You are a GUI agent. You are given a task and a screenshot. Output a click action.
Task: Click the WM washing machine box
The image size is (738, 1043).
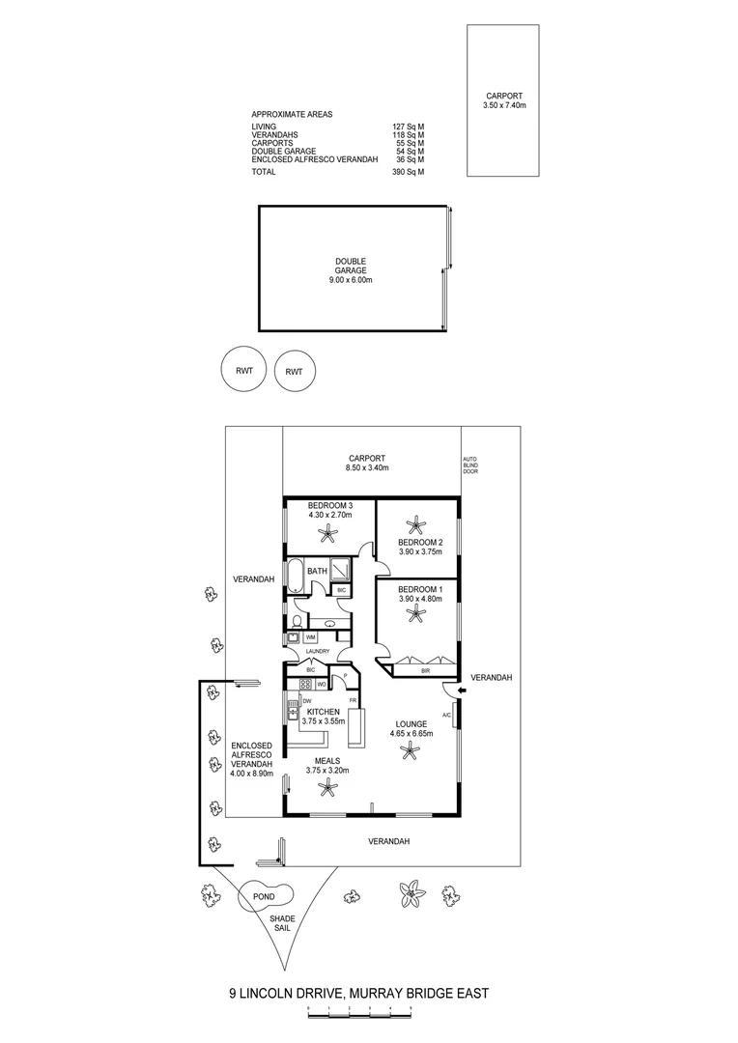coord(311,637)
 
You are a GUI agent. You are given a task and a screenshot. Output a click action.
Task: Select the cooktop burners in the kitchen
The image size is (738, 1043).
coord(304,685)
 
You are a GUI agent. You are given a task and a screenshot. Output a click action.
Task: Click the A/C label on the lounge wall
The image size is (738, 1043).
coord(446,715)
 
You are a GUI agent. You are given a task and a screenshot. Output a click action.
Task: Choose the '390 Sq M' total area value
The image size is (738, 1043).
coord(409,172)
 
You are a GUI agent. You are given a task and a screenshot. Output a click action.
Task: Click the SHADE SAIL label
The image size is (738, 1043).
coord(282,923)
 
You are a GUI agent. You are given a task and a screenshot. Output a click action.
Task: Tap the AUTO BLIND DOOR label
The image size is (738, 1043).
coord(470,465)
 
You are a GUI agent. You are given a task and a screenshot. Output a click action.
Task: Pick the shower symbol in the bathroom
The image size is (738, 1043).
coord(340,570)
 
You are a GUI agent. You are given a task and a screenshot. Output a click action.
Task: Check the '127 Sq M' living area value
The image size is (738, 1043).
coord(409,127)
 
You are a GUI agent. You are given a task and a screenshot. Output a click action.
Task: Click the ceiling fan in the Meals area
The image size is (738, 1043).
coord(328,789)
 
